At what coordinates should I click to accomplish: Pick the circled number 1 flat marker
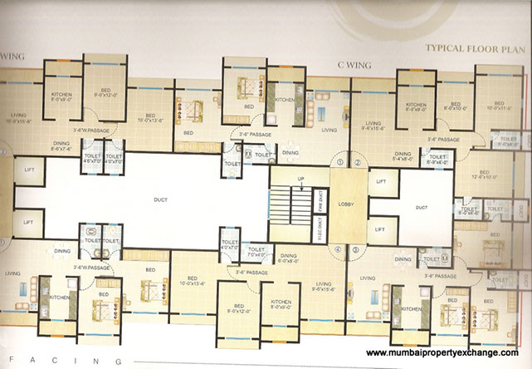point(339,162)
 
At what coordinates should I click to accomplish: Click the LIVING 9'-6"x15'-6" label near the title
point(374,125)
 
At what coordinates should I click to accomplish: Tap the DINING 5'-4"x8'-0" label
point(403,156)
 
